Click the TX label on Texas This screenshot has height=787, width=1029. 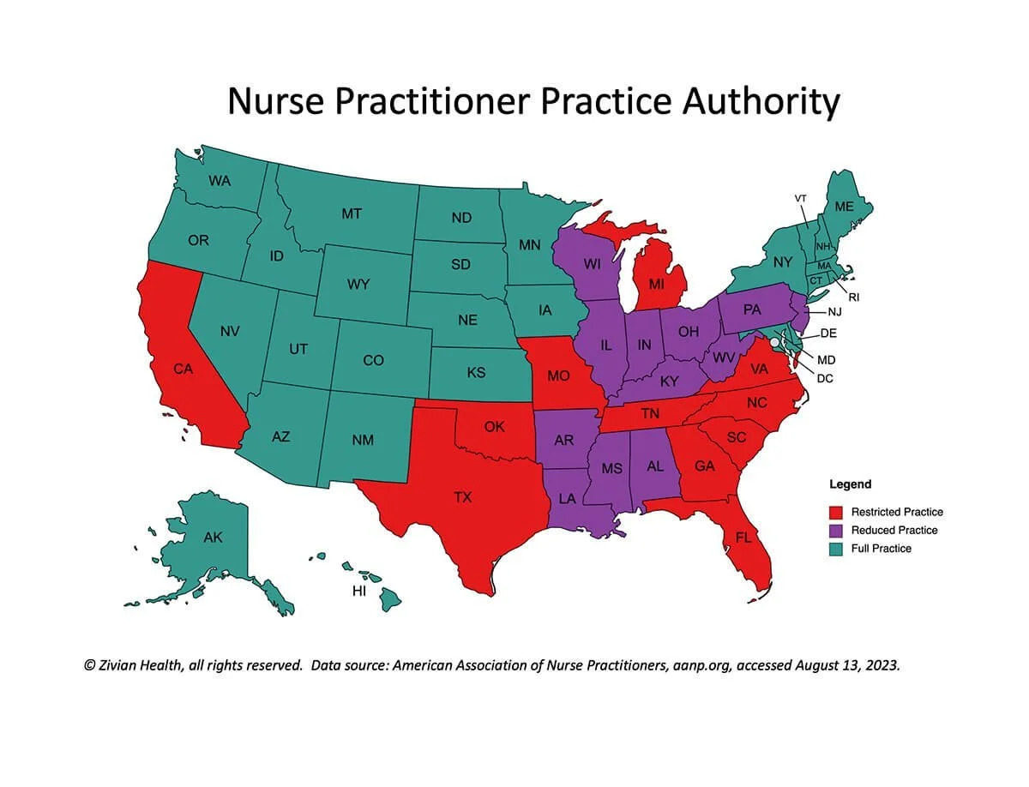(x=462, y=497)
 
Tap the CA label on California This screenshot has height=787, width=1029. (x=183, y=369)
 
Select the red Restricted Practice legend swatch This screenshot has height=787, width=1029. (x=836, y=512)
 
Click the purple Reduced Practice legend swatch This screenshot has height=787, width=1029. (x=836, y=530)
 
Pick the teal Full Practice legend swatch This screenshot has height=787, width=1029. (x=836, y=548)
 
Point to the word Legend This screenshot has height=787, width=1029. (x=850, y=484)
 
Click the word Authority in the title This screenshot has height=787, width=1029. (x=761, y=102)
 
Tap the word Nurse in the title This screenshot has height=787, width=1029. (x=275, y=102)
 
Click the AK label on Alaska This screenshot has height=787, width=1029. (x=213, y=538)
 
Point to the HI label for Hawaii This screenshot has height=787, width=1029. (x=361, y=591)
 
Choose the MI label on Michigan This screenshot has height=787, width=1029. (x=656, y=283)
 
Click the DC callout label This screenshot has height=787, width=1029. (x=825, y=378)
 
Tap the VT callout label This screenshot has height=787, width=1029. (x=800, y=198)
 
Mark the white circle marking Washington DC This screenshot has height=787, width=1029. (x=774, y=341)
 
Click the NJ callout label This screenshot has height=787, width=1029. (x=834, y=312)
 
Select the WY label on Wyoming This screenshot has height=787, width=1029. (x=358, y=284)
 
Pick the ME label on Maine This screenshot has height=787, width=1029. (x=844, y=207)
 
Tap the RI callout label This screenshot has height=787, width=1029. (x=854, y=297)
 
